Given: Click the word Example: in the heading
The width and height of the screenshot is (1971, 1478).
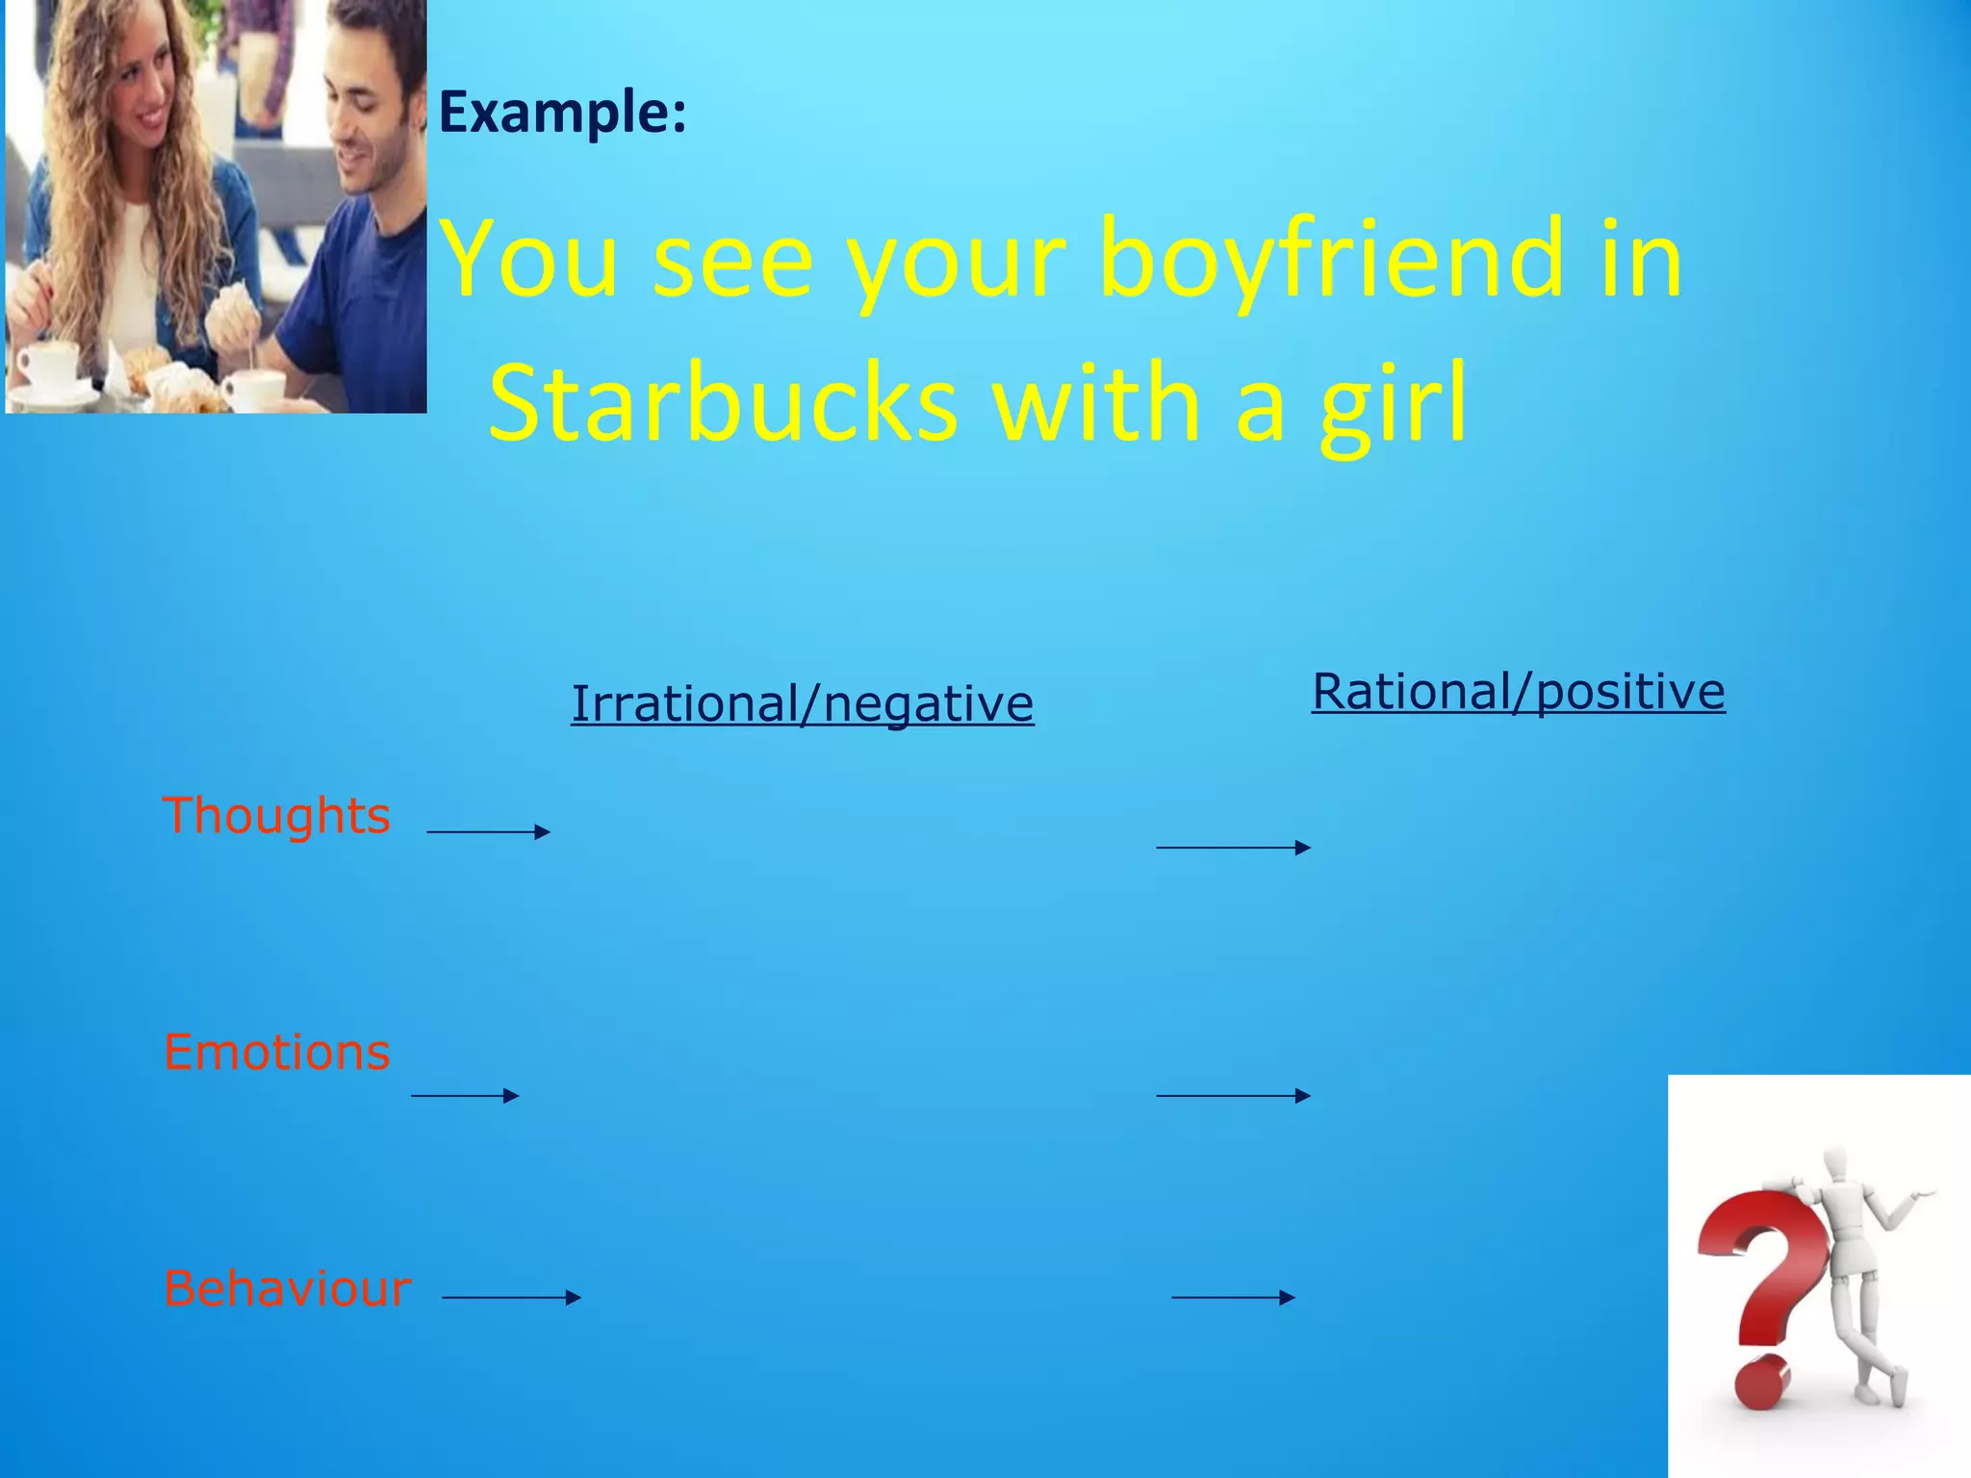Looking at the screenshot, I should click(562, 113).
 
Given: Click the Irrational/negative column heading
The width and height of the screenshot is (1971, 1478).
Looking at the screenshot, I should click(802, 703).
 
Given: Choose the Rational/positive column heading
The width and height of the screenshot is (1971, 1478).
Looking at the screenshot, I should click(1519, 692).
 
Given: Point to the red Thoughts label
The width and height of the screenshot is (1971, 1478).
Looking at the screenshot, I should click(276, 816).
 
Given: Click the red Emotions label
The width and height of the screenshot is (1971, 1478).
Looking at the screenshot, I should click(276, 1052).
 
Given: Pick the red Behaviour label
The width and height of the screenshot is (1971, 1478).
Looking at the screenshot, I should click(287, 1288).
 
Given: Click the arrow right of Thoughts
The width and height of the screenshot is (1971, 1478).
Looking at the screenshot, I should click(488, 831).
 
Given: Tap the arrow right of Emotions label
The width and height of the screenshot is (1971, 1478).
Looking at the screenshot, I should click(465, 1095).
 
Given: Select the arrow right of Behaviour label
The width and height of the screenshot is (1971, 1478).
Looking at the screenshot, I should click(511, 1297).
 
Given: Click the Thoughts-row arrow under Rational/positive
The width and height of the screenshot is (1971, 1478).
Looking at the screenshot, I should click(1233, 847).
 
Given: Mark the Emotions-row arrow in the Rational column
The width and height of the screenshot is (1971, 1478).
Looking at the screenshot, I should click(1233, 1095).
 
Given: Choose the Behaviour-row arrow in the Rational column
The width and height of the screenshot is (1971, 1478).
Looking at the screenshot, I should click(1233, 1297).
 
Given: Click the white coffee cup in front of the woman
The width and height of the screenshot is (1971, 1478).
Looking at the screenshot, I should click(48, 365).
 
